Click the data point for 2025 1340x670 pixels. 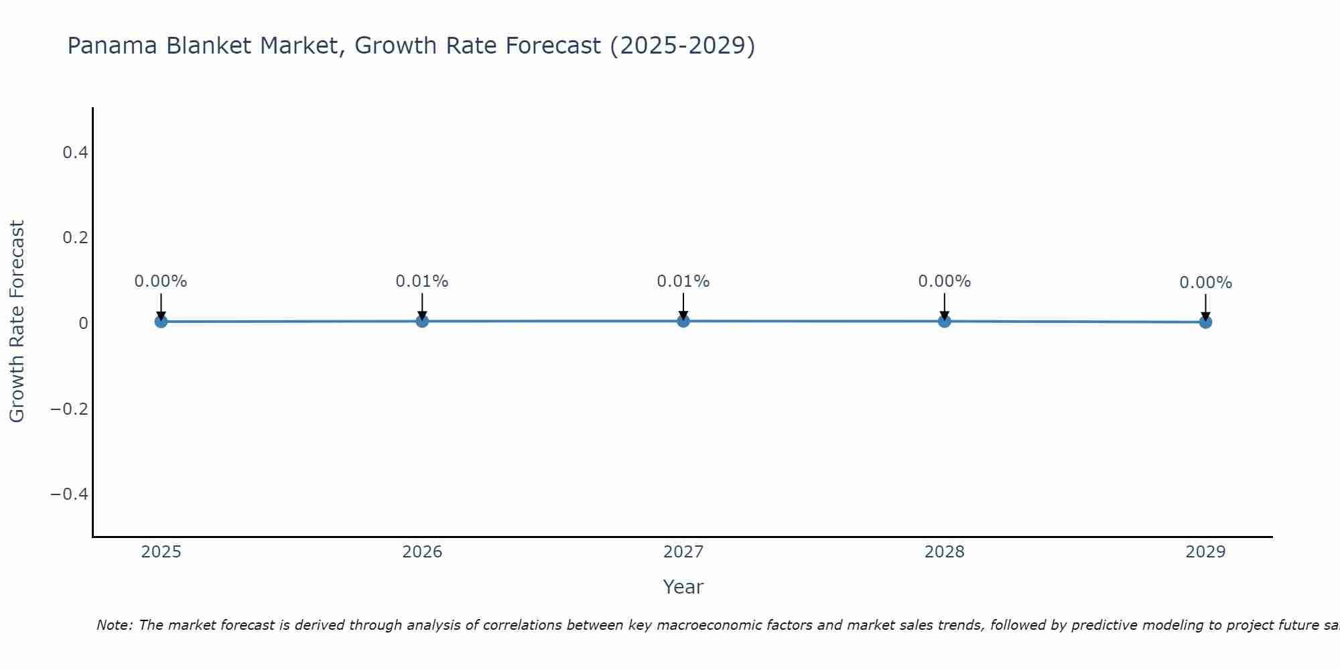pos(161,322)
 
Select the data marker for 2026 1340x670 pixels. pos(422,321)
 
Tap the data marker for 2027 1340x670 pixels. pos(683,321)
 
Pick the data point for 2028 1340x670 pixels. pos(945,321)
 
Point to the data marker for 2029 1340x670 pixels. pos(1205,322)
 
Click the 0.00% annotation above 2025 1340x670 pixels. pos(161,281)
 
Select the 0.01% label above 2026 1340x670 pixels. pos(422,281)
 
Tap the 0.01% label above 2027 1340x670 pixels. pos(683,281)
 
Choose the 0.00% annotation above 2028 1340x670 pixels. pos(945,281)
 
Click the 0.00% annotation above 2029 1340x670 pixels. pos(1205,283)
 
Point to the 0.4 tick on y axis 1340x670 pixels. pos(75,153)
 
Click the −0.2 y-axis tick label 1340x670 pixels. pos(70,409)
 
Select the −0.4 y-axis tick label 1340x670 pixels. pos(70,494)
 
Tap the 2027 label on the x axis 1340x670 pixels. pos(683,552)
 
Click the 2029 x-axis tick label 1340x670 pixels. pos(1205,552)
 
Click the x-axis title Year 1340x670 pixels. pos(683,587)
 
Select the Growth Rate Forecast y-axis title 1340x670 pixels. pos(17,322)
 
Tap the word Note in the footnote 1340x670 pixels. pos(114,625)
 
